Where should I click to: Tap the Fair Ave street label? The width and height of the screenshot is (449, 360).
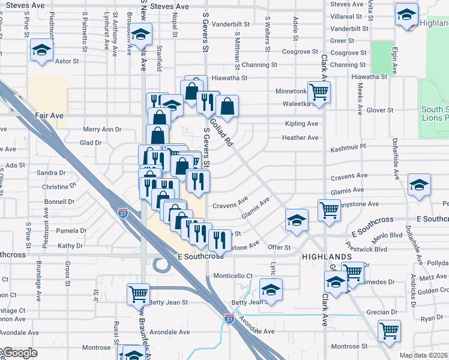tap(49, 115)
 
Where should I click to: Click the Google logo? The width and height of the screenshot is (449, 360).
tap(19, 353)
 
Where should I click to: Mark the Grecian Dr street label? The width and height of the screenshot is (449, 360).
tap(382, 312)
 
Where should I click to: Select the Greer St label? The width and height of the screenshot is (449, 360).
tap(342, 41)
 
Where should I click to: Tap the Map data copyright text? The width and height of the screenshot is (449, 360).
tap(424, 355)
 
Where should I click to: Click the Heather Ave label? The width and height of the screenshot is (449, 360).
tap(300, 137)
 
